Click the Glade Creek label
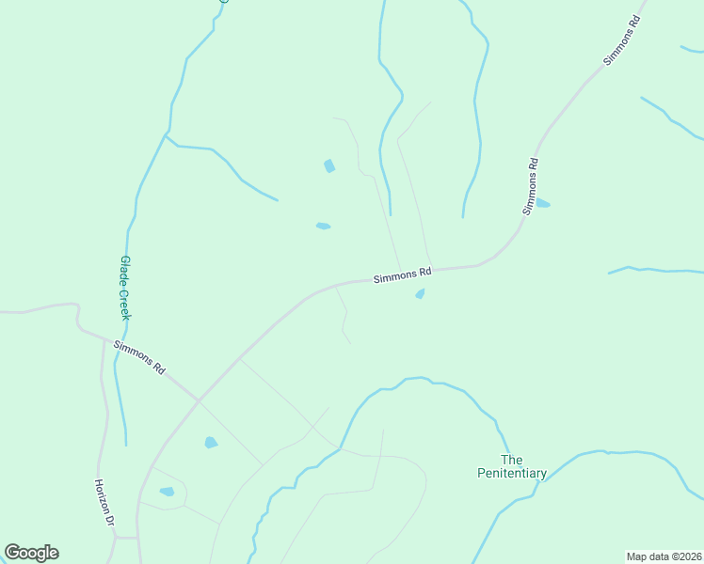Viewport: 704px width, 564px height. tap(124, 289)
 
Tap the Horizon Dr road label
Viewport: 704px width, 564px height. tap(104, 502)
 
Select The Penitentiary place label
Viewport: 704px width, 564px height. tap(511, 466)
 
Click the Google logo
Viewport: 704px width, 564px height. tap(31, 553)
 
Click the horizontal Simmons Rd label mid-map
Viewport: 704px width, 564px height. tap(402, 275)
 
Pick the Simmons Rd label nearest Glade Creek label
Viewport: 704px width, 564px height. tap(139, 358)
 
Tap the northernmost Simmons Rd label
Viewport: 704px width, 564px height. tap(622, 39)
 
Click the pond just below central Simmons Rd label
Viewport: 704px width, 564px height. tap(420, 294)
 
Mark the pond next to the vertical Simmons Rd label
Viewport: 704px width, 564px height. tap(542, 203)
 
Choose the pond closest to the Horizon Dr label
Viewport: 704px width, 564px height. tap(167, 492)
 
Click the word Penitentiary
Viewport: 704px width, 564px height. tap(511, 473)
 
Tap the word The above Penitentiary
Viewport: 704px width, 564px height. tap(511, 460)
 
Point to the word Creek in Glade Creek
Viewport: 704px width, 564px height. tap(124, 304)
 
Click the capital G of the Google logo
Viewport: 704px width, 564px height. tap(13, 552)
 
